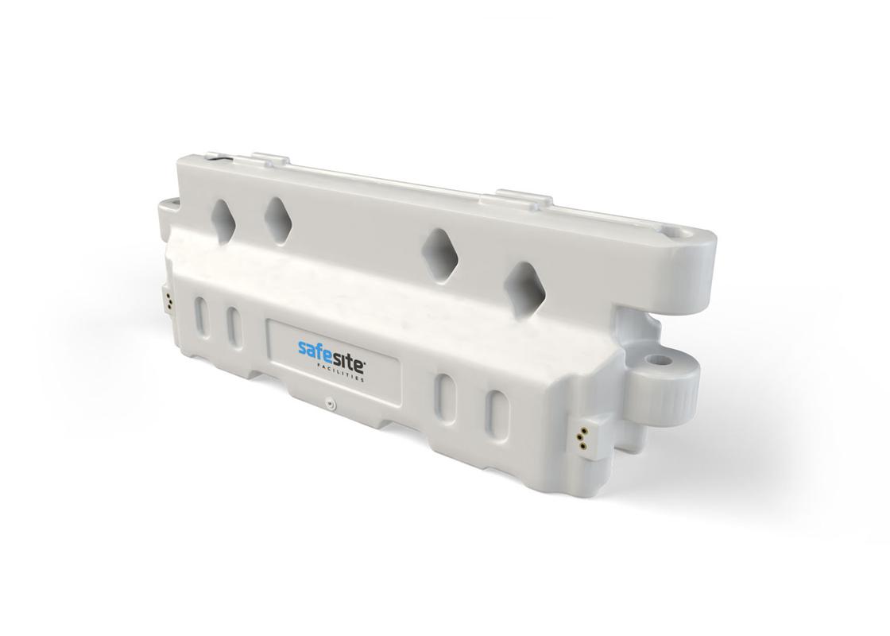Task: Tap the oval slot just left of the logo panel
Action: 234,327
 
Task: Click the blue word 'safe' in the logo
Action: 314,350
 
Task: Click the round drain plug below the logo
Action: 328,405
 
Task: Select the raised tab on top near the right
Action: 524,198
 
